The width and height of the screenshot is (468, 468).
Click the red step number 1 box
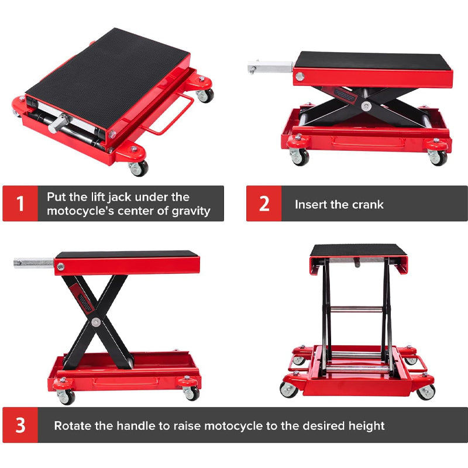click(x=20, y=204)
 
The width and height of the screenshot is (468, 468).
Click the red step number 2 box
click(x=264, y=204)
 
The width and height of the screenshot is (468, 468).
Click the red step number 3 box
click(x=20, y=425)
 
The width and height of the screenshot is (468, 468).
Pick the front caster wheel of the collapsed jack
click(x=139, y=168)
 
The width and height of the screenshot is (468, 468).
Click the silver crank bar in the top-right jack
click(x=270, y=67)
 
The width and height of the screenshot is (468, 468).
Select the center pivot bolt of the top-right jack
click(x=366, y=106)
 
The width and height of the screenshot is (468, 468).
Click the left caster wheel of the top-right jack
click(x=300, y=157)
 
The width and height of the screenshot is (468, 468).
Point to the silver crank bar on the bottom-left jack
click(x=34, y=263)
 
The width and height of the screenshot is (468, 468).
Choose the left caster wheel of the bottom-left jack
click(x=66, y=397)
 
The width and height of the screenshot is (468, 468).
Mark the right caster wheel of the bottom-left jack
click(x=191, y=393)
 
